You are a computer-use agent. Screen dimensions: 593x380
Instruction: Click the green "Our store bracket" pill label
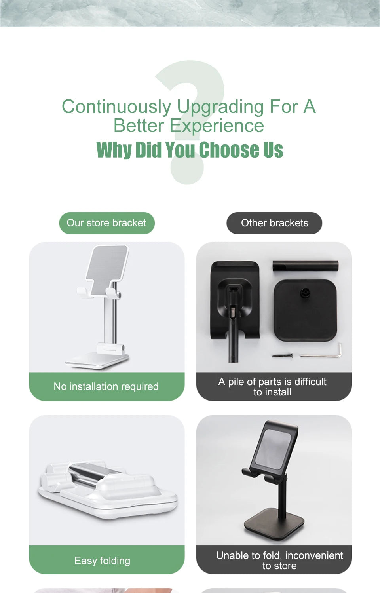point(106,223)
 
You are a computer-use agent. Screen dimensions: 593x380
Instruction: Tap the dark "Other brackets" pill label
point(274,223)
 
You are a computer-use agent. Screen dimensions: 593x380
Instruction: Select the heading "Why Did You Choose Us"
point(190,150)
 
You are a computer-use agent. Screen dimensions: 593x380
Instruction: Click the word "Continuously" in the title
point(116,107)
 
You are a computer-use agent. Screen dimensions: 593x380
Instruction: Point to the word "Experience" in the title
point(217,126)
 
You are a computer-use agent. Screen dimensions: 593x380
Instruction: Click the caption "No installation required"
point(106,386)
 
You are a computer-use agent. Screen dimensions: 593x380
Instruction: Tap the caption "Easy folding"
point(102,561)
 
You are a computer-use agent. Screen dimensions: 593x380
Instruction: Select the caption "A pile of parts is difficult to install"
point(272,387)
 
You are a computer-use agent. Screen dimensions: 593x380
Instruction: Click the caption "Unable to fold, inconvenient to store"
point(279,561)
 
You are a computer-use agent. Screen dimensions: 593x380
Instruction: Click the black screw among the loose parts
point(282,355)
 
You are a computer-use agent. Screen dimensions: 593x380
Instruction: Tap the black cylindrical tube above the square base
point(305,266)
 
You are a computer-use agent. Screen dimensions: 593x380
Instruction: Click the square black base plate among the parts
point(305,313)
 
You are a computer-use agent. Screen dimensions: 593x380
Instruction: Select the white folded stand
point(107,491)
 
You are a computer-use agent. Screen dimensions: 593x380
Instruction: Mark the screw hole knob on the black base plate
point(305,293)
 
